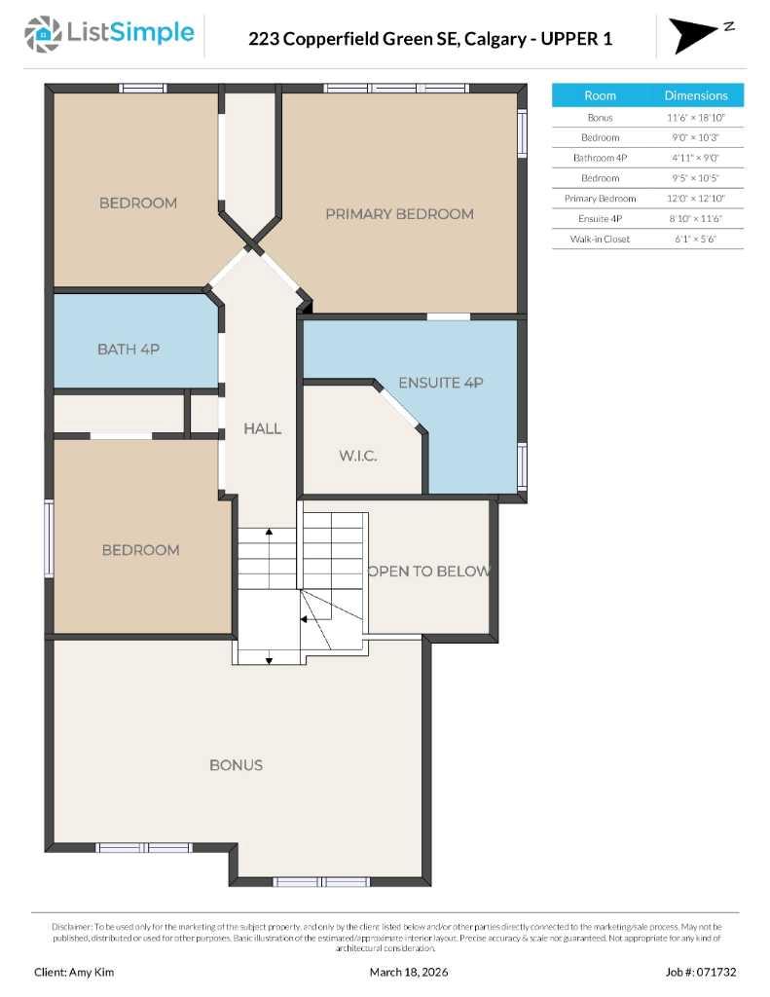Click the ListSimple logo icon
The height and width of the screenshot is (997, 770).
tap(43, 34)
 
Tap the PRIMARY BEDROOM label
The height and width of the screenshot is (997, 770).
tap(399, 214)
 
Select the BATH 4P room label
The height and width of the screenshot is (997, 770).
tap(128, 349)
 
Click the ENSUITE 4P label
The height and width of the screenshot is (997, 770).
tap(441, 383)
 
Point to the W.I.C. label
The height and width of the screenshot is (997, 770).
tap(357, 456)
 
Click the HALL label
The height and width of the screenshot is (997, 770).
tap(262, 428)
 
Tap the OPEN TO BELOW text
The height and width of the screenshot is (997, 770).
tap(428, 572)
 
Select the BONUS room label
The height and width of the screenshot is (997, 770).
tap(236, 765)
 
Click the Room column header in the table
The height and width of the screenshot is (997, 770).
tap(600, 95)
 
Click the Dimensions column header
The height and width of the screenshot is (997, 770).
tap(696, 95)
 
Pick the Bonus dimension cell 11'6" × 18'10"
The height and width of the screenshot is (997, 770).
tap(696, 117)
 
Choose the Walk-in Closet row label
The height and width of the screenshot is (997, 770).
tap(600, 239)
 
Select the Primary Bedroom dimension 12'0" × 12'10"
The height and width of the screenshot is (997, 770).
tap(696, 198)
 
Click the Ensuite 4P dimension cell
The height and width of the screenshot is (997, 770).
tap(696, 218)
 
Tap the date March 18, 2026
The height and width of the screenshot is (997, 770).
tap(409, 972)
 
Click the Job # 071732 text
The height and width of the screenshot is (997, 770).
tap(701, 972)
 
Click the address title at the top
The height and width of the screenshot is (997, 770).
tap(430, 39)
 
